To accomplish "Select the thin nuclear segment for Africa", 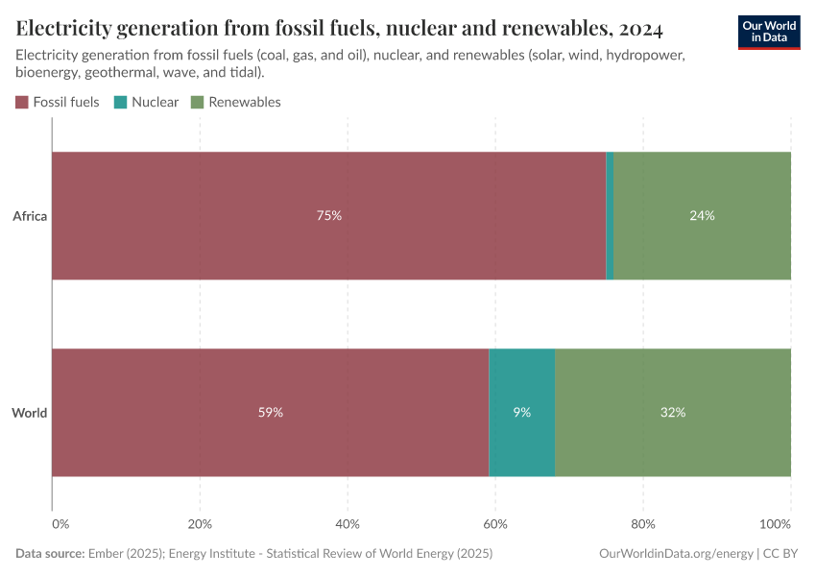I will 610,216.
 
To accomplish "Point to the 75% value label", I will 328,216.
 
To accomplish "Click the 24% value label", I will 702,216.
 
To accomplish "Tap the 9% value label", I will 521,413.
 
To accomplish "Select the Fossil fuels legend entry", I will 58,102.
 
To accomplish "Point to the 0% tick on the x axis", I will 60,524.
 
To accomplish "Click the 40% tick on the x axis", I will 348,524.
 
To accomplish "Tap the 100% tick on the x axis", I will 775,524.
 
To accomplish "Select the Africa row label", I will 30,216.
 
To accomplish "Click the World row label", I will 30,413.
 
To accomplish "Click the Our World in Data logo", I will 768,32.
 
